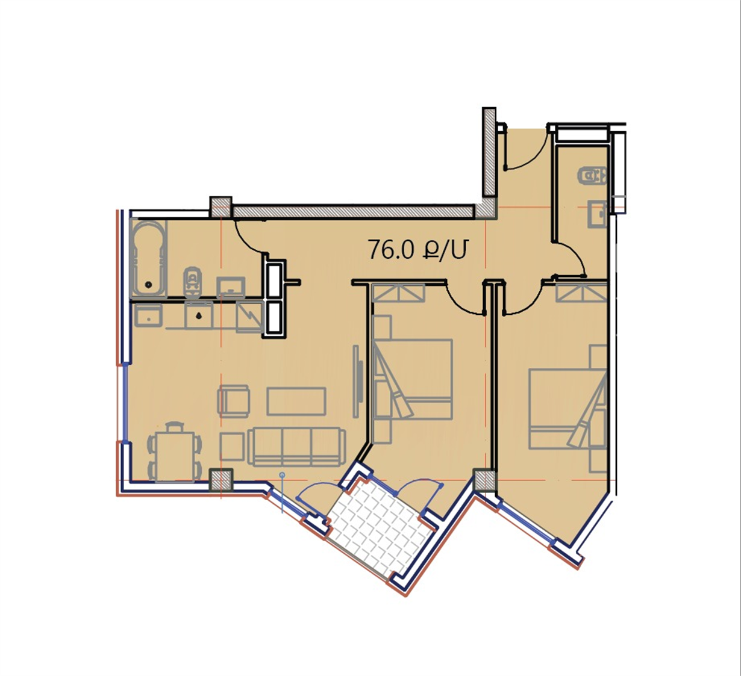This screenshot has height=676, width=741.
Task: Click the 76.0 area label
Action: click(417, 250)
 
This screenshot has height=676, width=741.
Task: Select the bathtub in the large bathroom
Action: click(149, 258)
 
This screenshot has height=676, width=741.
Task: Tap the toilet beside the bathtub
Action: click(192, 281)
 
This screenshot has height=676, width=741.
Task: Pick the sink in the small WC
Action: click(597, 214)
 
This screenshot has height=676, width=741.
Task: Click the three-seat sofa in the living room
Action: click(296, 446)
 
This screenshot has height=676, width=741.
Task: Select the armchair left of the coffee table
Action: click(234, 402)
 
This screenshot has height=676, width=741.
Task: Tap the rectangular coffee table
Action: click(296, 402)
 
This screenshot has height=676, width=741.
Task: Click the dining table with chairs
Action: click(175, 453)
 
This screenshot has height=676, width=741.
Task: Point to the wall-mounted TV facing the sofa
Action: click(358, 382)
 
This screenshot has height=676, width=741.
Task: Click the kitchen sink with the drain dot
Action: click(199, 315)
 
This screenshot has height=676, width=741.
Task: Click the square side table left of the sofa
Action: click(233, 447)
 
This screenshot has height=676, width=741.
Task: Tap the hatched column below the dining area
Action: click(221, 480)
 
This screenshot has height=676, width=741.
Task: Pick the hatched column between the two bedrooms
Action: click(484, 480)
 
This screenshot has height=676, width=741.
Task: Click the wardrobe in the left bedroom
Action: click(399, 294)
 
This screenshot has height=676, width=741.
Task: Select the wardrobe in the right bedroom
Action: click(581, 293)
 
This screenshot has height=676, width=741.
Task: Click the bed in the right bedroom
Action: click(568, 409)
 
